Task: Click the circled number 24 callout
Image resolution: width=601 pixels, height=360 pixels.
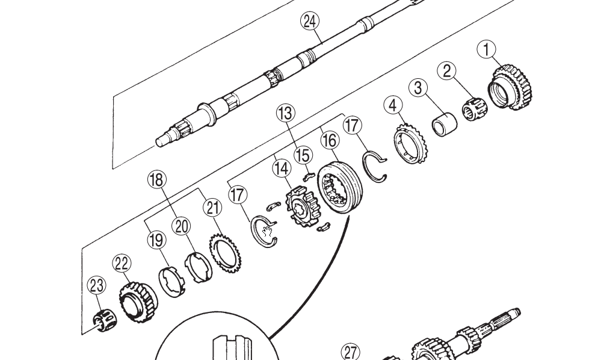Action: (x=309, y=22)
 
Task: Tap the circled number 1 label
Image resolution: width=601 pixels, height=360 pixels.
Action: (x=487, y=50)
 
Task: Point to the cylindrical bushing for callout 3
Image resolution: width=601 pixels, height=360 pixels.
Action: (x=444, y=123)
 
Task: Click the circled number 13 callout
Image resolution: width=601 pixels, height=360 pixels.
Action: (x=285, y=113)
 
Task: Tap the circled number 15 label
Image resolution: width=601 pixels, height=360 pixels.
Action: (x=303, y=155)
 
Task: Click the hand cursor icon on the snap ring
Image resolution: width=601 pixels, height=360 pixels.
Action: (x=268, y=231)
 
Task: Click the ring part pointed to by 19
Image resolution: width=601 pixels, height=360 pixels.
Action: (x=171, y=280)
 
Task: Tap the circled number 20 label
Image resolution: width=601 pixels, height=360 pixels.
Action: (x=181, y=226)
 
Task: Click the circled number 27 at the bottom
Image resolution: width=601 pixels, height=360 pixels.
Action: (x=350, y=352)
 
